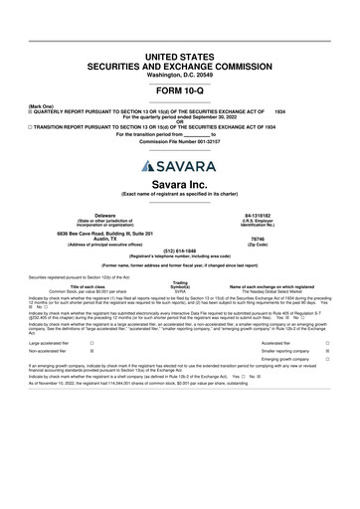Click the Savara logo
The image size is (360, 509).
[x=179, y=165]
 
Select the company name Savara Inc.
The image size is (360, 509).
[x=179, y=184]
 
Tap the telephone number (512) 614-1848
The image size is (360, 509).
[x=179, y=252]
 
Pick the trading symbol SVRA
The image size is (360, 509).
[x=180, y=290]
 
